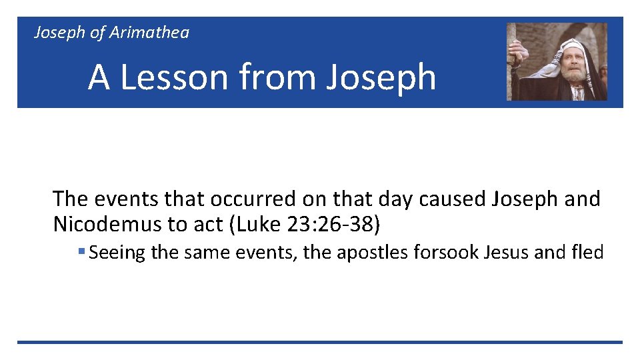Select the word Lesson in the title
174,77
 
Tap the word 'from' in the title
278,77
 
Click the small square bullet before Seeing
81,252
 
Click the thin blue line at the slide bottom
320,342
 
